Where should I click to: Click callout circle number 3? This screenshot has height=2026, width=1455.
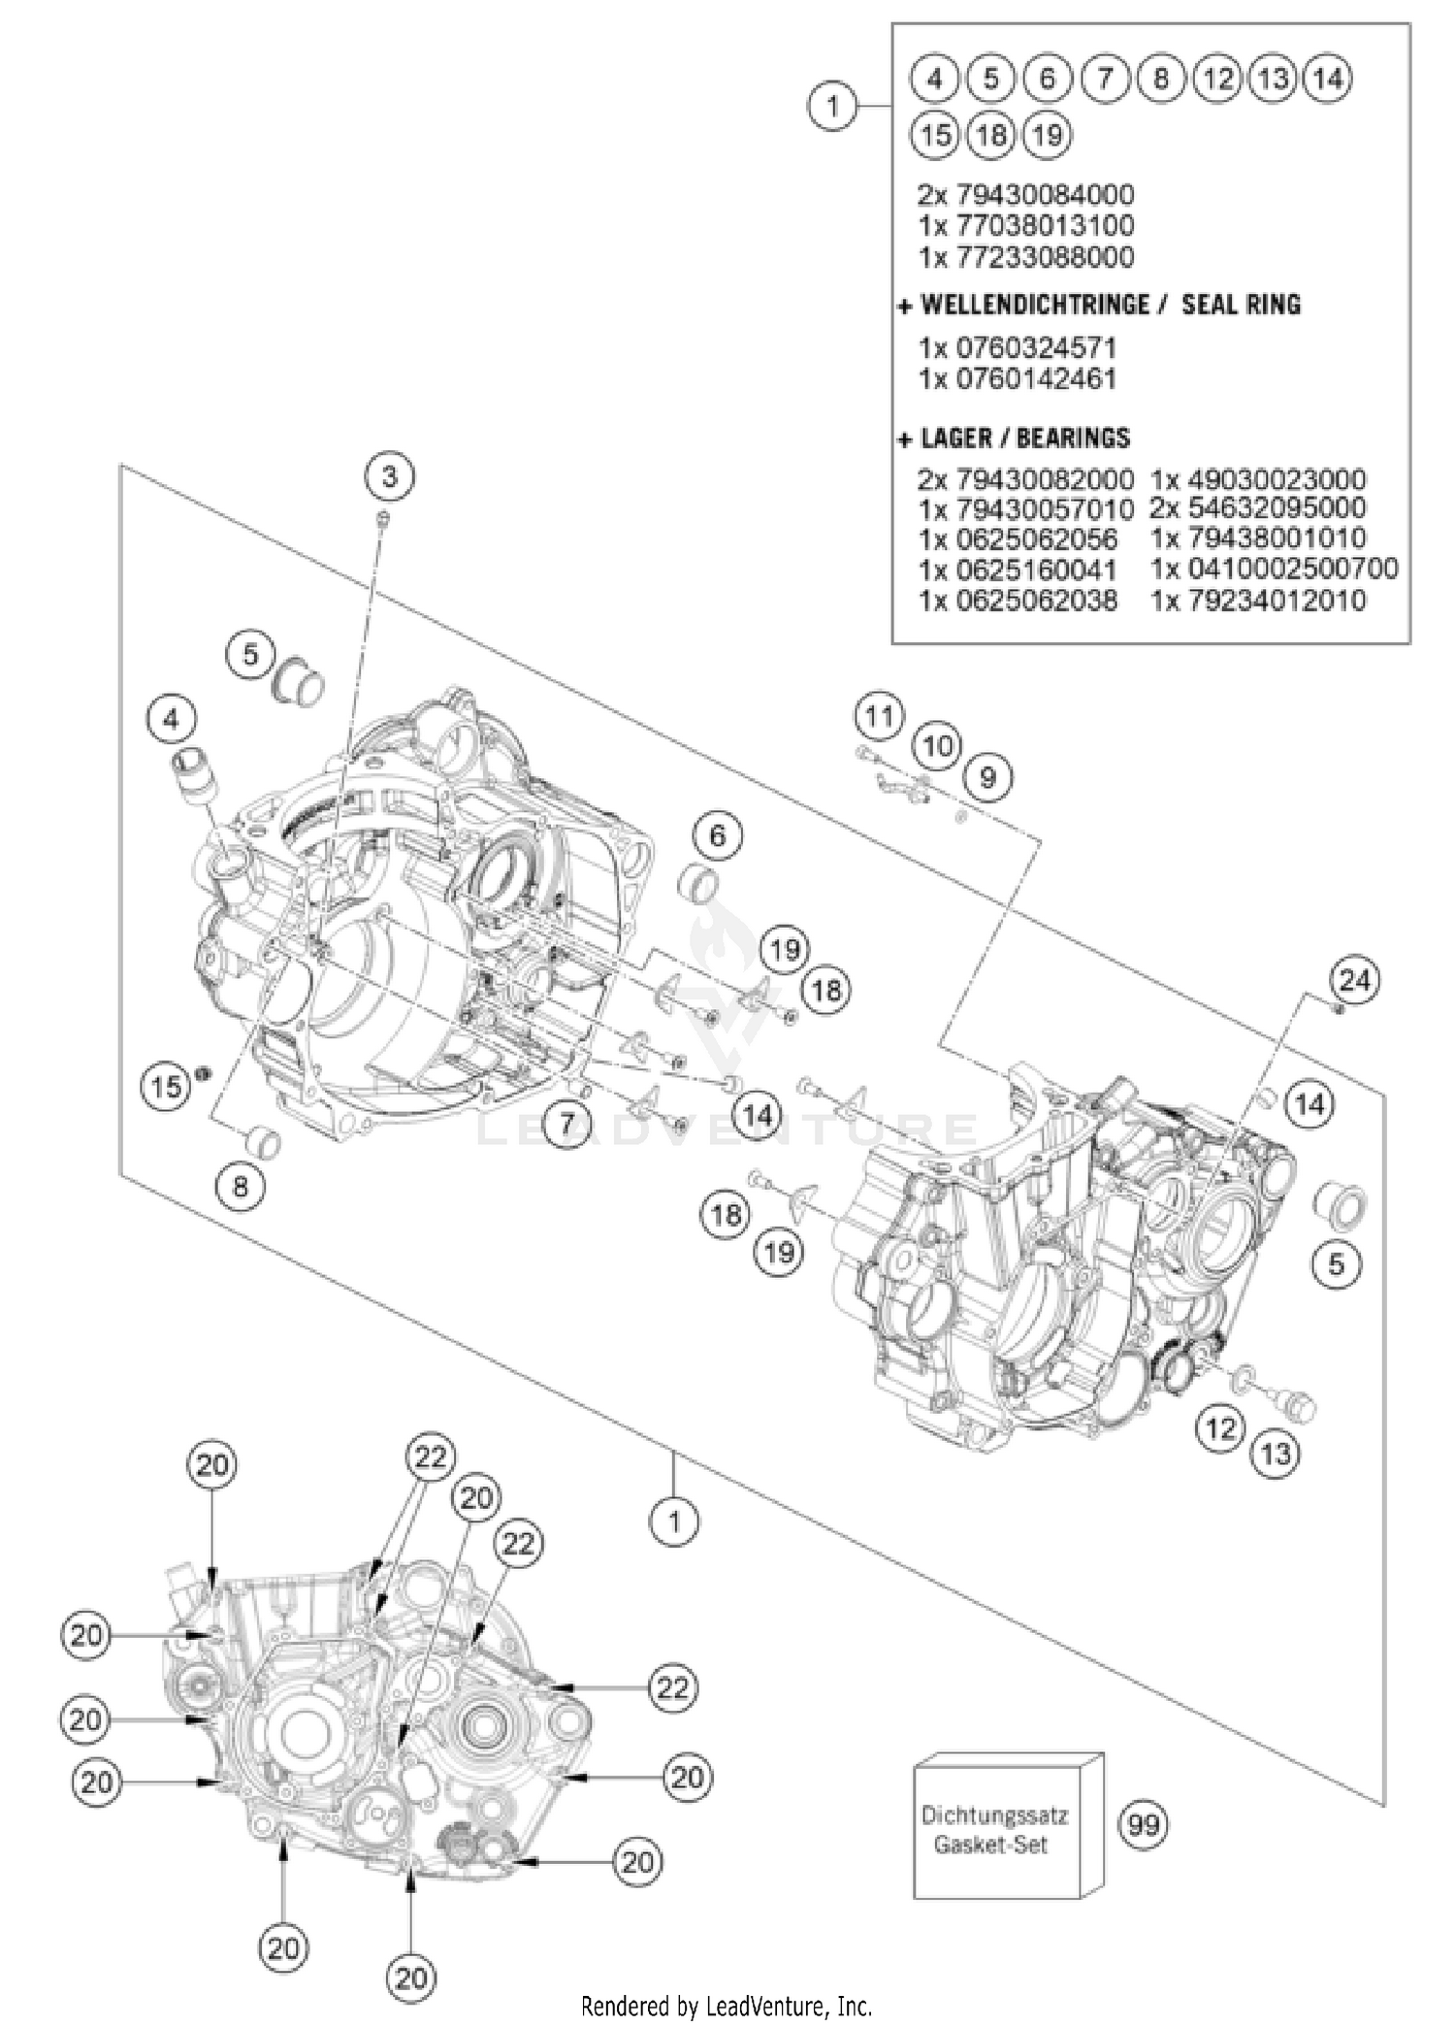[x=389, y=476]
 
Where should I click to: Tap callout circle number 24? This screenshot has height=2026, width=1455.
[x=1354, y=981]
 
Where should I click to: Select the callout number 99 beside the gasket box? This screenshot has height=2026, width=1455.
[x=1144, y=1825]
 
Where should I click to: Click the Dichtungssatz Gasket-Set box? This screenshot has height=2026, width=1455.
[x=997, y=1829]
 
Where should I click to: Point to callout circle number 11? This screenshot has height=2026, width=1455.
[x=879, y=717]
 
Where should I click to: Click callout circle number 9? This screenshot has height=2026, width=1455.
[x=987, y=777]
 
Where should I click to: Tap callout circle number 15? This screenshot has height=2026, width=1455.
[x=166, y=1086]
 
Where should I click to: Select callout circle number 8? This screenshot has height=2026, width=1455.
[x=240, y=1186]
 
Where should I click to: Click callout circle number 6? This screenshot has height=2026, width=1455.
[x=717, y=835]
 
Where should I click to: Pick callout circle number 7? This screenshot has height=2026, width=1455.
[x=566, y=1124]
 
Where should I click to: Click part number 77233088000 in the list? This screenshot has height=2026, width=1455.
[x=1025, y=257]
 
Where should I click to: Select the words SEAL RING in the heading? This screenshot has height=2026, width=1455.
[x=1241, y=305]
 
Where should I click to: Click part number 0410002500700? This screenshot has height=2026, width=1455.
[x=1274, y=569]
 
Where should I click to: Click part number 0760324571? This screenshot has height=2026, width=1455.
[x=1018, y=347]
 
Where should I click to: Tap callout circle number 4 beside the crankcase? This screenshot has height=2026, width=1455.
[x=172, y=719]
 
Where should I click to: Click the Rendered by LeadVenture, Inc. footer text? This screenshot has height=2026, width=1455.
[x=727, y=2005]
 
